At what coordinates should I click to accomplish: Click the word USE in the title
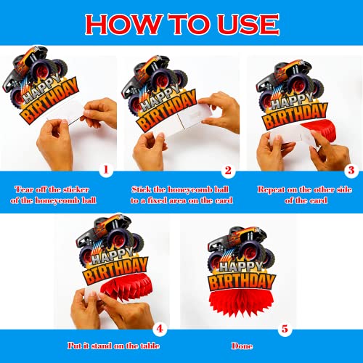(248, 24)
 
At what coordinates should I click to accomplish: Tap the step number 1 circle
(106, 170)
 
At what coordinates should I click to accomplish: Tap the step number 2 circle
(228, 171)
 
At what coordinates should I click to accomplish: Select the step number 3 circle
(351, 171)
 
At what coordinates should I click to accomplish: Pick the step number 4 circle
(160, 329)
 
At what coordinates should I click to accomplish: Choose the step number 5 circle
(285, 329)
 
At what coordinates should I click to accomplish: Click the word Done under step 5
(242, 346)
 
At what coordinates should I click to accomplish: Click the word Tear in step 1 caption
(23, 189)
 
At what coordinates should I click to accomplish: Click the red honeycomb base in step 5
(241, 303)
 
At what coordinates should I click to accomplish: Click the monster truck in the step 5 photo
(241, 245)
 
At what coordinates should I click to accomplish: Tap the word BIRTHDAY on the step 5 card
(242, 281)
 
